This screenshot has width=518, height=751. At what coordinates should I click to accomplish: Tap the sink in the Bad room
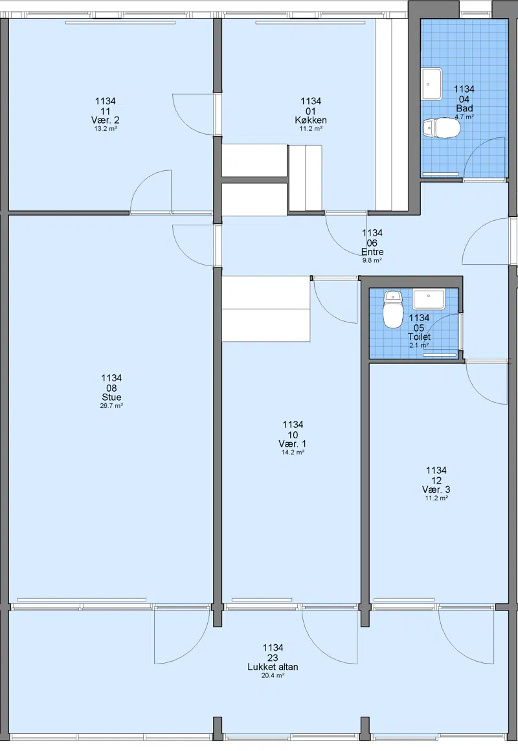432,84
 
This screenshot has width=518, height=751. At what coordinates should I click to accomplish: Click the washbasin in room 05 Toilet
429,299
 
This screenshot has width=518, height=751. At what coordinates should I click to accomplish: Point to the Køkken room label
311,120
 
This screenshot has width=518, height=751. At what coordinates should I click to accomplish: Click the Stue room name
111,397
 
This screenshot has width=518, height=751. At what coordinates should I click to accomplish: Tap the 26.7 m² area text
111,406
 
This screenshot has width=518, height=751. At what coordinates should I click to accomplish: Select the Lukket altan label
273,667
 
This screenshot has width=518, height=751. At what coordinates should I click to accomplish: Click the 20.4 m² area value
273,675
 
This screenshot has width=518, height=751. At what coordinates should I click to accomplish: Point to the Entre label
372,252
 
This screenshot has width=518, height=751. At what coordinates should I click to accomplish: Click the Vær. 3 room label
436,489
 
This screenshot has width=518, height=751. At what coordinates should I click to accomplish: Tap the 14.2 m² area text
293,452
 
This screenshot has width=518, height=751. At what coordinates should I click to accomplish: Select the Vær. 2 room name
106,120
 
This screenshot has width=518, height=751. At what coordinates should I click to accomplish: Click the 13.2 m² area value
106,129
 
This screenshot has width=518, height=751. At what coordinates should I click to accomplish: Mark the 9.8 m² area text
372,260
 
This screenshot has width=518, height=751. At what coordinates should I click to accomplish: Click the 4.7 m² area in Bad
464,117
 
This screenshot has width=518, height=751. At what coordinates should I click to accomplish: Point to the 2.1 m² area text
419,345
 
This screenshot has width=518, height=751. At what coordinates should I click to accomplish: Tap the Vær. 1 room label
293,443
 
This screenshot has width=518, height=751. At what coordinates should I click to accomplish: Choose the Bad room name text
464,108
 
